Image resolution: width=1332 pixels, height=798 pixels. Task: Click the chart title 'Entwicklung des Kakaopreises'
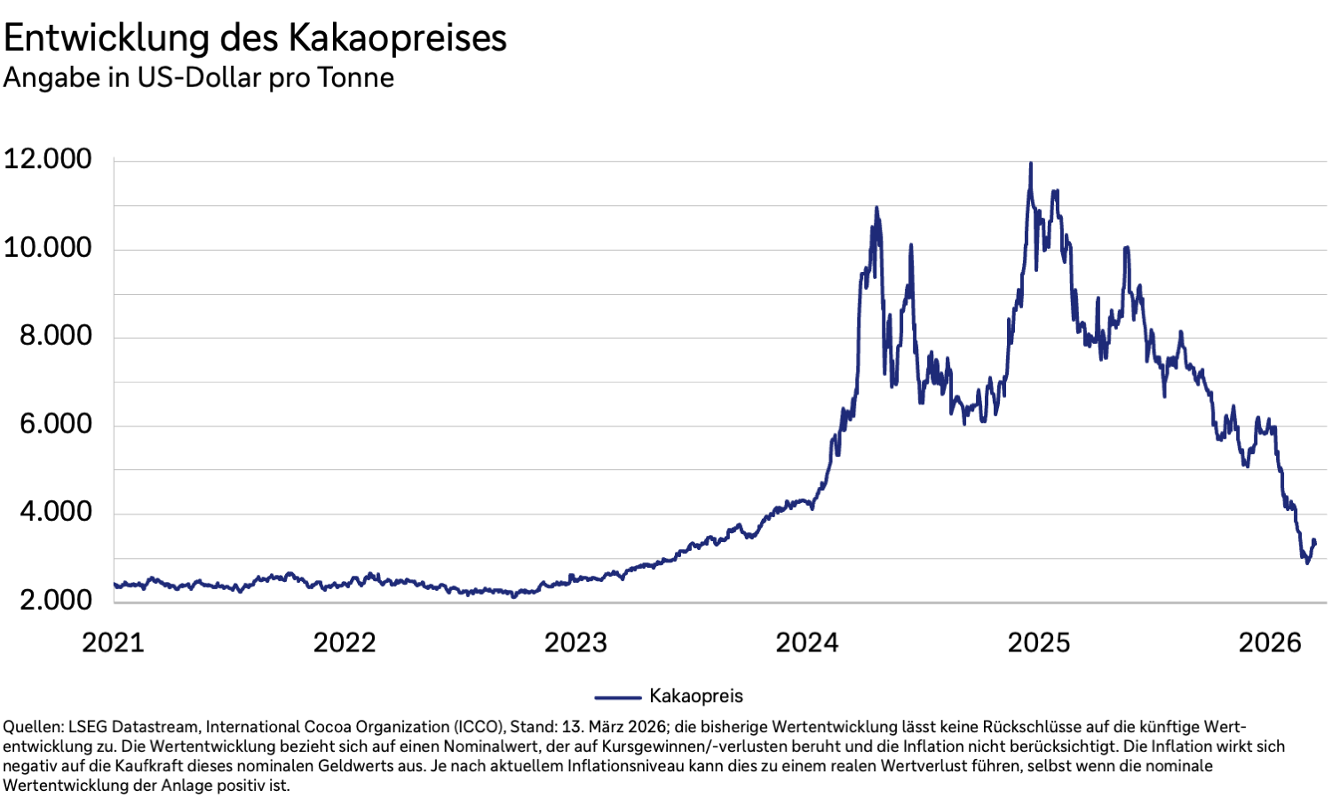point(255,37)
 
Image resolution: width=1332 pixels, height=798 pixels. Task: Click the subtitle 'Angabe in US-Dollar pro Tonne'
point(199,77)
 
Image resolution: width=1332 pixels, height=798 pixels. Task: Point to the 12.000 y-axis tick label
point(48,159)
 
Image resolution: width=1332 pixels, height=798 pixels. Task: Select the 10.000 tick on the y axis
point(48,247)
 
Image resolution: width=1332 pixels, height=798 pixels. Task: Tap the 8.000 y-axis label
point(55,335)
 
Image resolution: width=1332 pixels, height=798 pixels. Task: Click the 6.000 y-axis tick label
point(55,423)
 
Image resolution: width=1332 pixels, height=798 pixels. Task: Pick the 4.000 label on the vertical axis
point(55,511)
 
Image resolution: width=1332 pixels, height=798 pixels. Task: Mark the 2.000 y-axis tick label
point(55,600)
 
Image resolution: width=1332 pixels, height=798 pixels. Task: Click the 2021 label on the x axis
point(113,642)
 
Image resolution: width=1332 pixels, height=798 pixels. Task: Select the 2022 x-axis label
point(345,642)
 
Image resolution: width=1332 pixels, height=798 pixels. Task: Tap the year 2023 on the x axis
point(575,642)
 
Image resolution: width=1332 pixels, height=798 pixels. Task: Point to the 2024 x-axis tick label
point(807,642)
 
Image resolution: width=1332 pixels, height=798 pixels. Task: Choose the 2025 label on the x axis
point(1039,642)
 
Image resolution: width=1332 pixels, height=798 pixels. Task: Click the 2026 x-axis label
point(1270,642)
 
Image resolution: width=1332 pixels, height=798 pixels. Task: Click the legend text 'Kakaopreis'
point(696,696)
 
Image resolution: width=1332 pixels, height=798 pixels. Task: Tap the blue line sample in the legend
point(617,697)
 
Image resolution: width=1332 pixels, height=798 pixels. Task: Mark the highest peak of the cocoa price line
point(1030,164)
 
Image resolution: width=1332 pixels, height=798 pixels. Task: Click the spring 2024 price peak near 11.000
point(876,209)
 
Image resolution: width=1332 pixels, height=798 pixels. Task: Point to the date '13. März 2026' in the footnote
point(612,726)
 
